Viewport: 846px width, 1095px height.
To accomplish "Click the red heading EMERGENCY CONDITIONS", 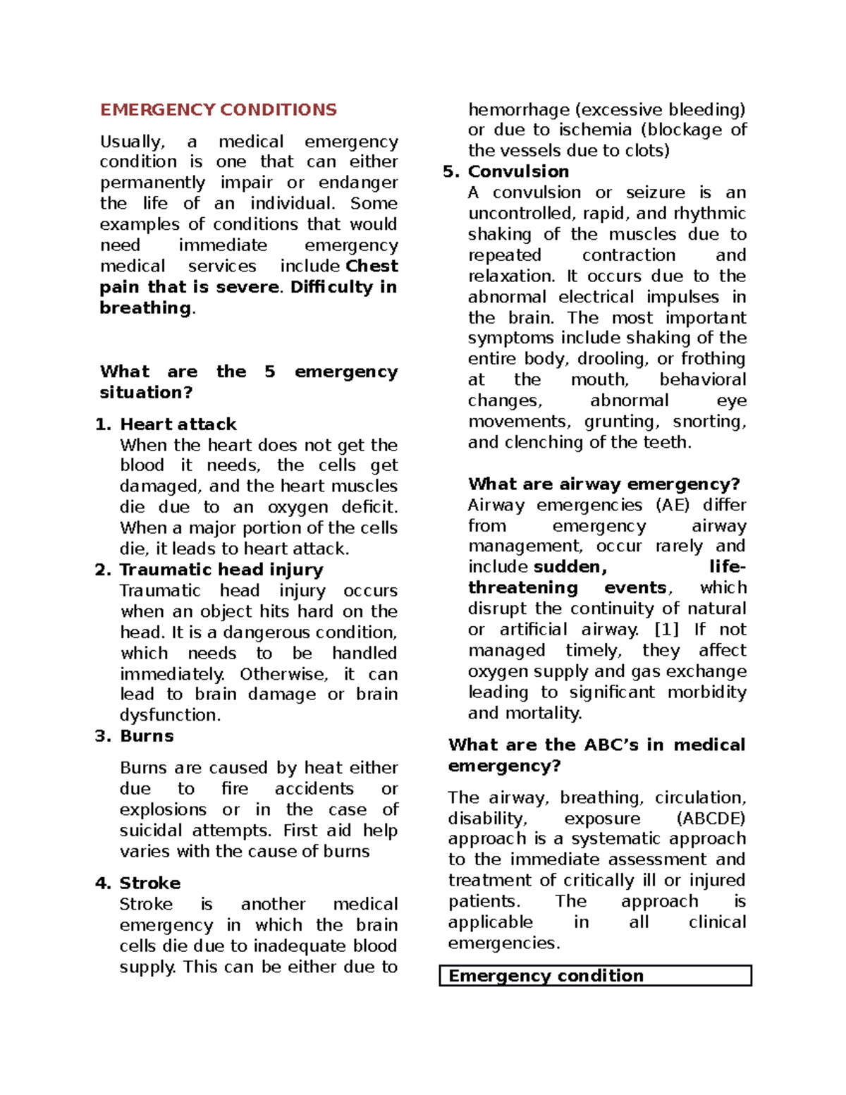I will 219,110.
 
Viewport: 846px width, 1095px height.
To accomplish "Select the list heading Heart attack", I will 178,424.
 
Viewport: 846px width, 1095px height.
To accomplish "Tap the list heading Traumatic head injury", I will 221,570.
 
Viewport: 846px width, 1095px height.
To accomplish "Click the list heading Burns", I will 147,736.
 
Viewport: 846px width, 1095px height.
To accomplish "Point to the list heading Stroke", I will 149,883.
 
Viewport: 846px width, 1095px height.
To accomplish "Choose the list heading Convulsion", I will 518,172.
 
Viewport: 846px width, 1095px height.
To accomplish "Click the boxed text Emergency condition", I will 546,976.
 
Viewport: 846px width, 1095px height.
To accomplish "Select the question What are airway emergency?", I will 603,484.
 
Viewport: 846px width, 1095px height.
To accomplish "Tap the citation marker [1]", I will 666,630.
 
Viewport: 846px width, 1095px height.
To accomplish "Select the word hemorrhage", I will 518,110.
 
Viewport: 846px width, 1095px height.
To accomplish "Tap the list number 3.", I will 102,736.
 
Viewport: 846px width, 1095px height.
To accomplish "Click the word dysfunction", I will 170,716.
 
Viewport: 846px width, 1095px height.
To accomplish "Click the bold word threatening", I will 522,588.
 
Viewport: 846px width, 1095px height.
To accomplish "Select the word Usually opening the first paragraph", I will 133,142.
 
